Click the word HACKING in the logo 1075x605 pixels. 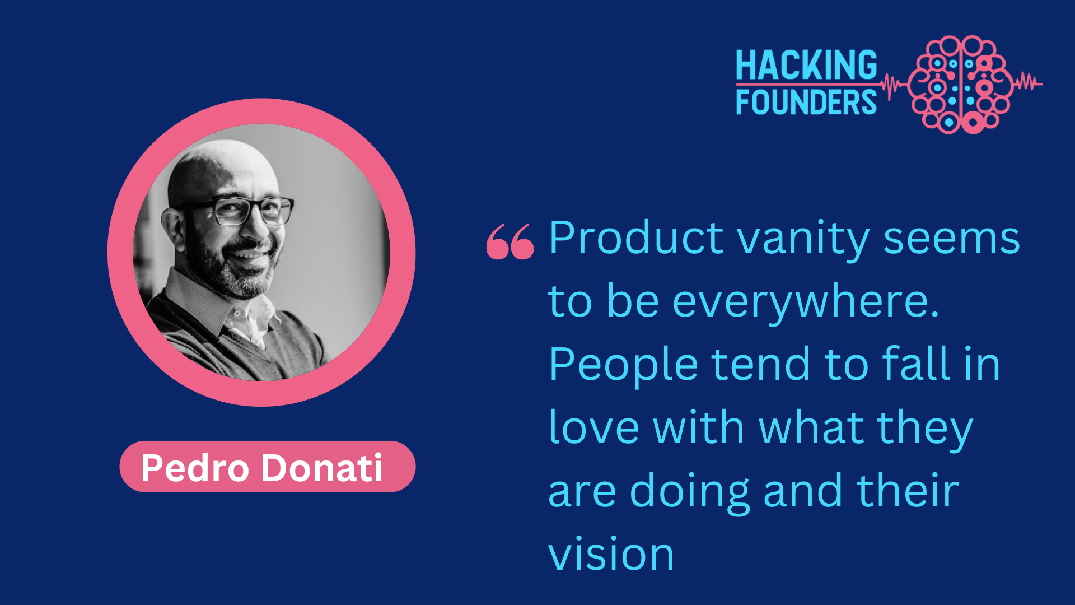806,65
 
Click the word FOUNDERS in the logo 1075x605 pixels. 806,102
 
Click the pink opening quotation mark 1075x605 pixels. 510,241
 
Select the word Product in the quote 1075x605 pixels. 636,238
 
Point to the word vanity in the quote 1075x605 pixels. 803,241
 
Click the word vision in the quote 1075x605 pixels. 611,555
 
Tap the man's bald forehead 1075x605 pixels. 224,168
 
